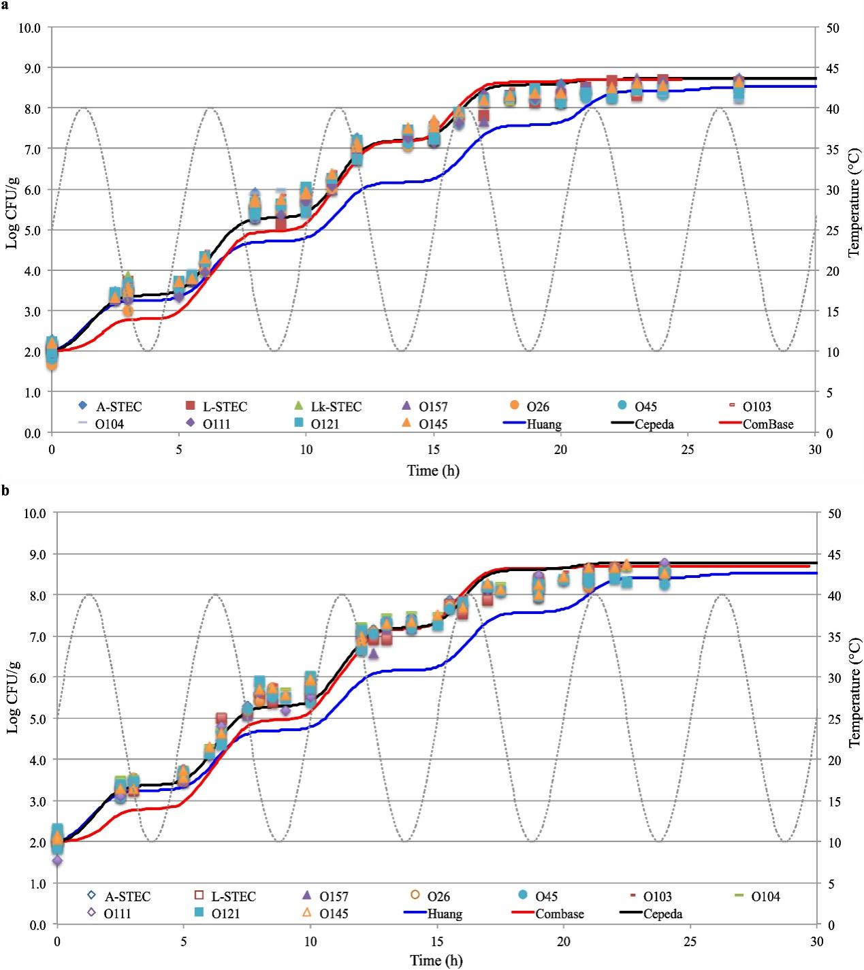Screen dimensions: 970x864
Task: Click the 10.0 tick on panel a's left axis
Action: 30,28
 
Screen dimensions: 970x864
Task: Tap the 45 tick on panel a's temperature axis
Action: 833,68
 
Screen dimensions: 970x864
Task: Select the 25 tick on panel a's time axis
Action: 688,449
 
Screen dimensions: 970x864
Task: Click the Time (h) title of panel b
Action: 436,960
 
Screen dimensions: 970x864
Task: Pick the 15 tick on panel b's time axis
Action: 437,941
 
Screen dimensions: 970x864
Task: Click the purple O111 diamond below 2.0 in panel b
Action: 57,861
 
